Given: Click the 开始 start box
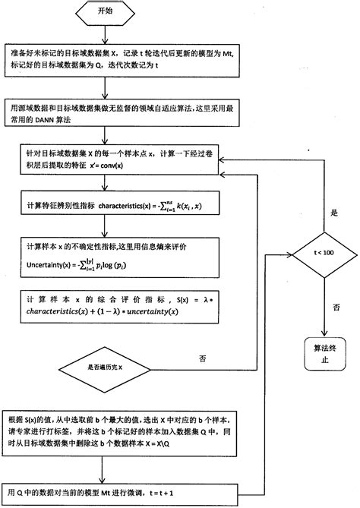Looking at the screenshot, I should pos(109,14).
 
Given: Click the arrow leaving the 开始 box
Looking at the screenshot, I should pos(109,32).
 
